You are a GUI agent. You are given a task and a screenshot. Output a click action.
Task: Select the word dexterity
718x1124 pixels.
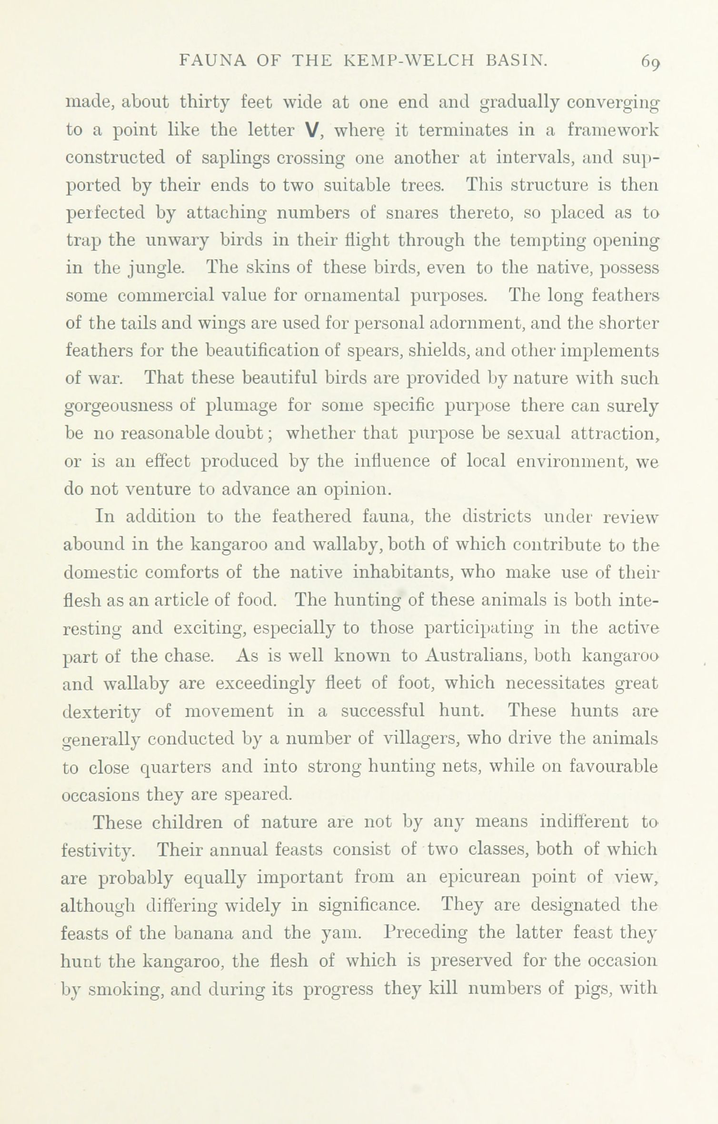[101, 712]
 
